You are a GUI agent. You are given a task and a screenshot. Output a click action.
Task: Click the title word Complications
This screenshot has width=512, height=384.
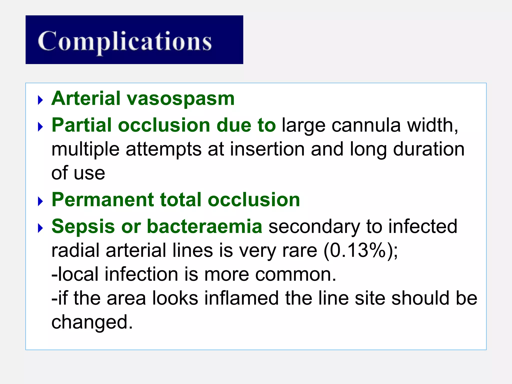click(x=125, y=41)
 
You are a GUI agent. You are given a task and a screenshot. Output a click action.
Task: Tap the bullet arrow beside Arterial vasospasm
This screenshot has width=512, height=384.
click(x=40, y=100)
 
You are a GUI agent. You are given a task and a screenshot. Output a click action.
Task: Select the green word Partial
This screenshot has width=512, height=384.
click(x=81, y=125)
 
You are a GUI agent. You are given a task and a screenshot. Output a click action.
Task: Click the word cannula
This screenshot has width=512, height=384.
click(x=366, y=125)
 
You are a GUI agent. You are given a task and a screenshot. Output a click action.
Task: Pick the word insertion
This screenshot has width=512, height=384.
click(x=267, y=149)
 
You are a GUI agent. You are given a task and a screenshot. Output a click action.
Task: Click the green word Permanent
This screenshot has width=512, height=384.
click(x=102, y=200)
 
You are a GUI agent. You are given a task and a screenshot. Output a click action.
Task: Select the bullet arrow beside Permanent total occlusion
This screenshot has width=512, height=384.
click(x=40, y=201)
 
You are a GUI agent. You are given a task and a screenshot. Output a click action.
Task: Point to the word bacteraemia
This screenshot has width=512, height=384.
click(x=204, y=226)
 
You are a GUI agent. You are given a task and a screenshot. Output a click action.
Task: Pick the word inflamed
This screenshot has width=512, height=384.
click(x=241, y=298)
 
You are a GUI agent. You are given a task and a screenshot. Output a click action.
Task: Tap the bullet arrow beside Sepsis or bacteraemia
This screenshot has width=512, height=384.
click(x=40, y=228)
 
